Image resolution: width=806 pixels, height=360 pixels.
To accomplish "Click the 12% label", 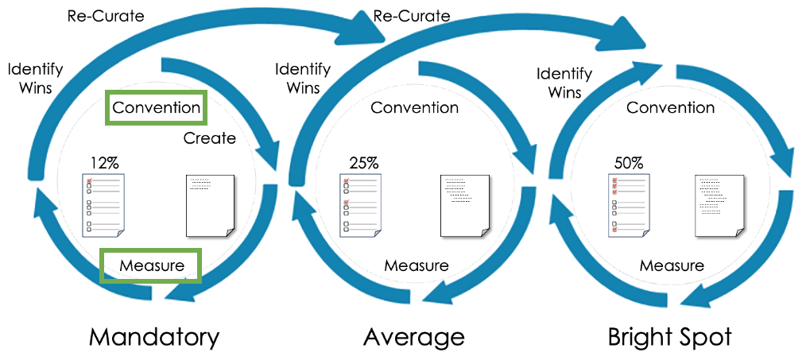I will tap(103, 164).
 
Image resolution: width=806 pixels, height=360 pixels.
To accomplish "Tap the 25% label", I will tap(364, 164).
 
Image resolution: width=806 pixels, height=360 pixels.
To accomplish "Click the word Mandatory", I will tap(154, 336).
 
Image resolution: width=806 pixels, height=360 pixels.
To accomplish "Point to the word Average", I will tap(413, 336).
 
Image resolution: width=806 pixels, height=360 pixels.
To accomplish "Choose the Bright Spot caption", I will tap(669, 336).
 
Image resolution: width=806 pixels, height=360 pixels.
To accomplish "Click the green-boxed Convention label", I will tap(156, 107).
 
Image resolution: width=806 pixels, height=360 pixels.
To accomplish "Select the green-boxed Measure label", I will tap(151, 265).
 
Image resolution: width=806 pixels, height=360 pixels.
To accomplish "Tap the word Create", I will tap(210, 138).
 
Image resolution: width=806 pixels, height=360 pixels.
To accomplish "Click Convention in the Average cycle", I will tap(415, 107).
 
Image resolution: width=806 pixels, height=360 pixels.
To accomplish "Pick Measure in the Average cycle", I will tap(417, 265).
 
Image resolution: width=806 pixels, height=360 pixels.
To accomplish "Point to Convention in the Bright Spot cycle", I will tap(670, 107).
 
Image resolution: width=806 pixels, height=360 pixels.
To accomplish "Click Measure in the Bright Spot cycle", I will tap(672, 265).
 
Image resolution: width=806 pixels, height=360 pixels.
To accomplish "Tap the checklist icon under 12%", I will tap(104, 205).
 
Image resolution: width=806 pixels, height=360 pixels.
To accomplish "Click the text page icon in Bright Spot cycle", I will tap(719, 205).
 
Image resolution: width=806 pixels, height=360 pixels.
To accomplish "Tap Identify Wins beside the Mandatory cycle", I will tap(29, 78).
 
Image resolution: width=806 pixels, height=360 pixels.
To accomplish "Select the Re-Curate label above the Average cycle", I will tap(411, 16).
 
